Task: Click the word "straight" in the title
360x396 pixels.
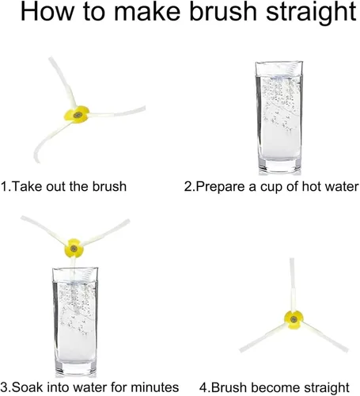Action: click(x=311, y=13)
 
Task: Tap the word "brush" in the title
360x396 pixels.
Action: click(x=223, y=11)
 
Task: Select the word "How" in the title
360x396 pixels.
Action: click(x=47, y=11)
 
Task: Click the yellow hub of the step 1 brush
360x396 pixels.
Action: click(x=77, y=115)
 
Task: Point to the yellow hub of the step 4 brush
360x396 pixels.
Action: click(x=294, y=320)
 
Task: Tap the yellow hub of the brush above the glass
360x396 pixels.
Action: click(x=74, y=248)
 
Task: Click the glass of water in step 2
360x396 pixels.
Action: click(x=279, y=117)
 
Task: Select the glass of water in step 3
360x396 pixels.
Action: click(x=75, y=322)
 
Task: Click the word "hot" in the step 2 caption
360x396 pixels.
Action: click(x=312, y=187)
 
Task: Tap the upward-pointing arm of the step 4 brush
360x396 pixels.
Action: click(x=292, y=284)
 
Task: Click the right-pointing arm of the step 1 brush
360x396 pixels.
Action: click(x=117, y=112)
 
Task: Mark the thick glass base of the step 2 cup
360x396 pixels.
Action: click(x=279, y=166)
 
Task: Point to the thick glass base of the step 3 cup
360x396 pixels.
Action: click(x=76, y=368)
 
